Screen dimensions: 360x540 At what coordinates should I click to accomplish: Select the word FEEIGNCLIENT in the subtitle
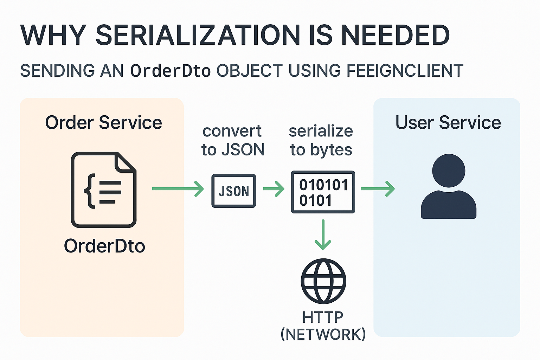click(405, 71)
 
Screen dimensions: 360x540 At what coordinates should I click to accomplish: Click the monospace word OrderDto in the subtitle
click(170, 71)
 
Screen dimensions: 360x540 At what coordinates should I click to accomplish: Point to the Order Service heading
click(103, 123)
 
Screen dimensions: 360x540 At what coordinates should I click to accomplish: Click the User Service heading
click(448, 123)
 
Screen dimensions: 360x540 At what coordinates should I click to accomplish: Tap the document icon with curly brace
click(103, 190)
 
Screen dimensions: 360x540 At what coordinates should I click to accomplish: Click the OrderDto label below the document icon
click(104, 246)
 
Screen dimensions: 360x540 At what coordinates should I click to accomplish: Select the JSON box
click(233, 191)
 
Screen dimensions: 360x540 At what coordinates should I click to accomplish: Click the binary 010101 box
click(323, 192)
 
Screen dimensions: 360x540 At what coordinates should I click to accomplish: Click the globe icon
click(323, 281)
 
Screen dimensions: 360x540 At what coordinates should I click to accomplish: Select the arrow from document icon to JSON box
click(178, 189)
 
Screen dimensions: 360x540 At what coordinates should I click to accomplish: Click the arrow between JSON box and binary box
click(274, 189)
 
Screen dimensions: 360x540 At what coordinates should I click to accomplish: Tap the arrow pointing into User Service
click(378, 189)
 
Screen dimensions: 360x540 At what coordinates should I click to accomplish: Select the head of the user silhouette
click(449, 171)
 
